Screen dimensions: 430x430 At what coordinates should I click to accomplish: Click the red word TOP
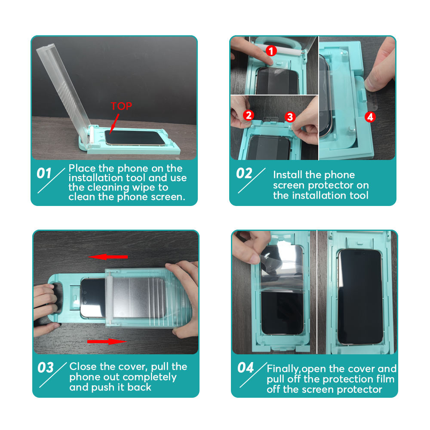(x=121, y=106)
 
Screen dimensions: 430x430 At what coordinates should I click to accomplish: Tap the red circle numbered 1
(x=271, y=51)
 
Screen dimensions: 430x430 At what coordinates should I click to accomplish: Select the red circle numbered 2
(x=249, y=115)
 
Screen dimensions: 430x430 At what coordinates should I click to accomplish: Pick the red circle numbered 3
(x=290, y=117)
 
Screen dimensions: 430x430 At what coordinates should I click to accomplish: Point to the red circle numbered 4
(x=370, y=117)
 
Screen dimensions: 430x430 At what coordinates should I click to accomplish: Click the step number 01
(x=44, y=173)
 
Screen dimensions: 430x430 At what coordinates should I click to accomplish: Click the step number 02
(x=244, y=173)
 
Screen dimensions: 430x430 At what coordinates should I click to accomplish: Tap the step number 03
(x=46, y=368)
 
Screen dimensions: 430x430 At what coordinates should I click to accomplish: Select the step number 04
(x=246, y=368)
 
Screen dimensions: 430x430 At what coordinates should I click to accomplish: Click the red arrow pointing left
(x=108, y=257)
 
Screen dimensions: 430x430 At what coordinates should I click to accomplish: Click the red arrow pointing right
(x=107, y=341)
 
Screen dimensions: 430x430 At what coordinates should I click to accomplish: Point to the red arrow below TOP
(x=114, y=124)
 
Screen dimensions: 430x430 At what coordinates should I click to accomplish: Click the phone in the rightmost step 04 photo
(x=360, y=297)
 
